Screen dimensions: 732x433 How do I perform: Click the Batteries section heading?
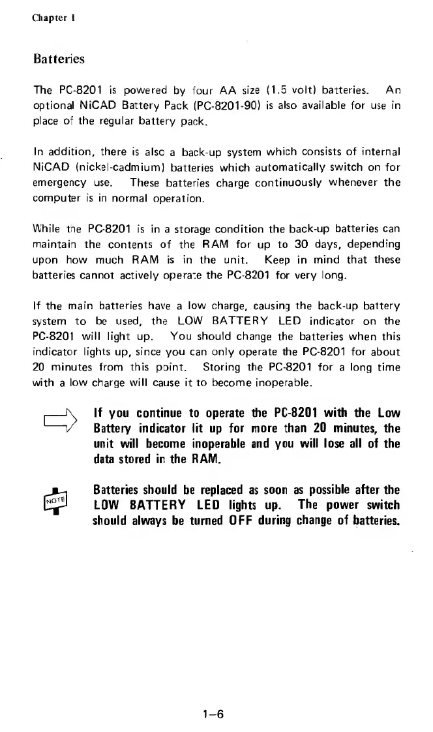click(59, 59)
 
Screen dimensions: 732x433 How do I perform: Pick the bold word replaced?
click(208, 489)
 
